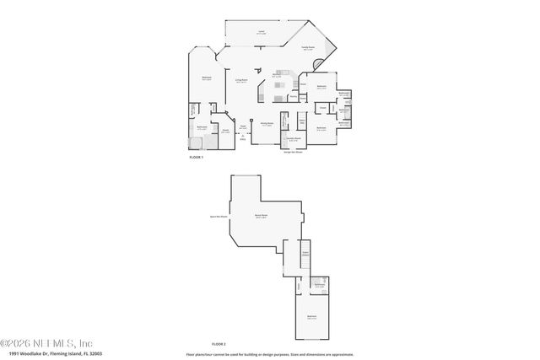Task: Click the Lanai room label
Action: [262, 31]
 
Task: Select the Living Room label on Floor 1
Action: [240, 81]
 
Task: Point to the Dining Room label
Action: [267, 124]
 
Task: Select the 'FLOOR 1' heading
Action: [196, 156]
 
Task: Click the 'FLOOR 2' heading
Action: [219, 343]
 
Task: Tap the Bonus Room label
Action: [262, 217]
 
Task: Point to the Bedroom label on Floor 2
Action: [311, 318]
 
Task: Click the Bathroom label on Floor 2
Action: [320, 285]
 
